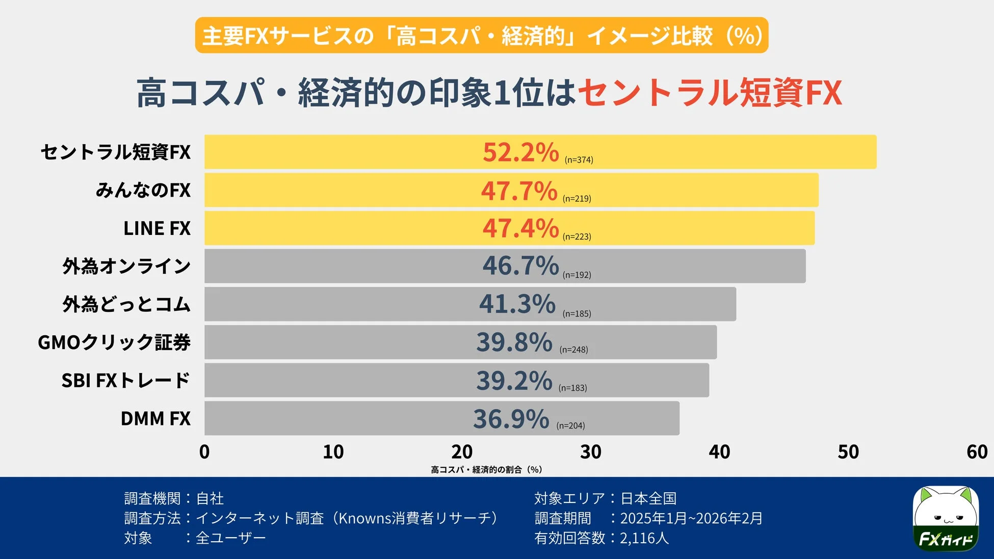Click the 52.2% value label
click(520, 152)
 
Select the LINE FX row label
click(156, 228)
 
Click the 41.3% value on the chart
click(517, 304)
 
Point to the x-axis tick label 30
click(590, 452)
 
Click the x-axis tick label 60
click(977, 452)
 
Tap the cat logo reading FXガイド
click(945, 518)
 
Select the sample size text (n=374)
click(579, 160)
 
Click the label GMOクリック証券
click(114, 342)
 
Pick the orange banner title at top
click(481, 36)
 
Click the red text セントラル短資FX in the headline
click(709, 93)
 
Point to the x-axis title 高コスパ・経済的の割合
click(486, 469)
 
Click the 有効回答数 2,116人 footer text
click(601, 538)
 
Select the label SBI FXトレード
click(125, 381)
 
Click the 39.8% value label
click(514, 342)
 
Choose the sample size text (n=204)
click(570, 426)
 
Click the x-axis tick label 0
click(204, 452)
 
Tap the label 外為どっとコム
click(126, 305)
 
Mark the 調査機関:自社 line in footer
click(174, 498)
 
